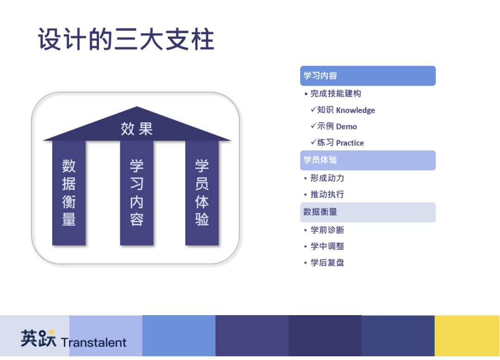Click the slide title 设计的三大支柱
[126, 39]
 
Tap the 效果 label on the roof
[137, 129]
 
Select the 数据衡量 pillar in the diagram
[69, 193]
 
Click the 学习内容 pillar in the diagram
[137, 193]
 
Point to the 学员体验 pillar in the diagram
[202, 193]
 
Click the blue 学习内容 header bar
[368, 75]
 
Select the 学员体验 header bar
[368, 160]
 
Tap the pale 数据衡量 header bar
[368, 212]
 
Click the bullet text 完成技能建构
[336, 93]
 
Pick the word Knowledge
[356, 111]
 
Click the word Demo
[346, 127]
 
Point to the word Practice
[350, 143]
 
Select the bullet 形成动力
[327, 178]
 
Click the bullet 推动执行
[327, 194]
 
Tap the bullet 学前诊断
[327, 230]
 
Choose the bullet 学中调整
[327, 246]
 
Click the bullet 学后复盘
[327, 262]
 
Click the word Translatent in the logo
[94, 342]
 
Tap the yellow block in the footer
[467, 336]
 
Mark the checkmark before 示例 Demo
[314, 126]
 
